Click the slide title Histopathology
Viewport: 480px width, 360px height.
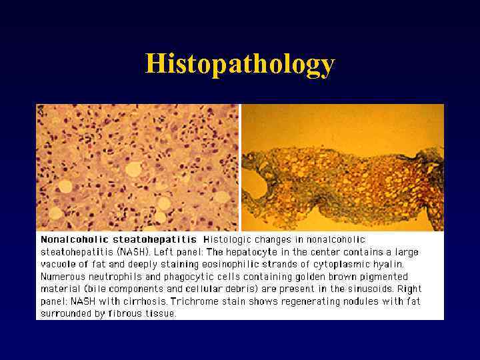point(240,64)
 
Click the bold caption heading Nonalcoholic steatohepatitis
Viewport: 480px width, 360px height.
point(119,239)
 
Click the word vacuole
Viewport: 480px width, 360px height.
point(58,264)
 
